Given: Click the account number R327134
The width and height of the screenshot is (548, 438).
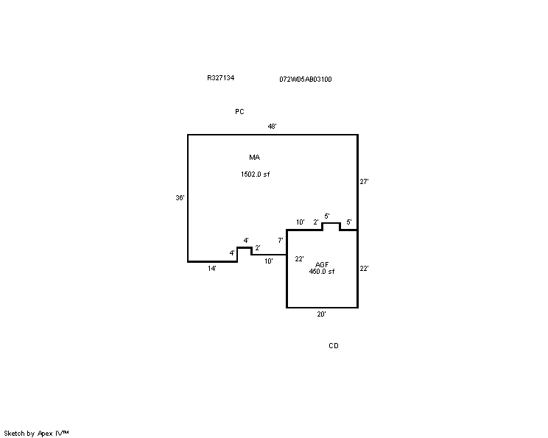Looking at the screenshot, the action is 220,78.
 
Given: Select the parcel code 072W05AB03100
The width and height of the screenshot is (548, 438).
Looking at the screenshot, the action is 306,80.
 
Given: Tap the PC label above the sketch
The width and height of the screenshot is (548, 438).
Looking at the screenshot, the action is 239,111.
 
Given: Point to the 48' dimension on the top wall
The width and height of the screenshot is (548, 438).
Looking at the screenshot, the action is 273,126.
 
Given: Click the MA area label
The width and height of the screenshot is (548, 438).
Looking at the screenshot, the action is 254,158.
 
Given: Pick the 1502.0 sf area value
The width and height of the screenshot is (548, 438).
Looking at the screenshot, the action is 255,174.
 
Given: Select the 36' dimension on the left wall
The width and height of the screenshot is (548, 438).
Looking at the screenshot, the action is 180,198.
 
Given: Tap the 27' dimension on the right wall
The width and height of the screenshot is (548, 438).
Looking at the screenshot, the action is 364,182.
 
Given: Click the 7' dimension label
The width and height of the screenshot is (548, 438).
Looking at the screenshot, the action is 281,240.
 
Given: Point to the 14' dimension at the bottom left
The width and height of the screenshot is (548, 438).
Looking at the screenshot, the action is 212,268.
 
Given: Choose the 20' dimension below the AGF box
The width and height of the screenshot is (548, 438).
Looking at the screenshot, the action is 322,314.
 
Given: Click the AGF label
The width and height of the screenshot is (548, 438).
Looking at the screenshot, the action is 322,265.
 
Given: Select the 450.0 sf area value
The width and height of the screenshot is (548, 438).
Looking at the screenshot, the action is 322,272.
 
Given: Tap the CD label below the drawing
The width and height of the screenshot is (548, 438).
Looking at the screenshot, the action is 334,345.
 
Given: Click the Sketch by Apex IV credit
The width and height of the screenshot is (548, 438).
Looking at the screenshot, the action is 36,434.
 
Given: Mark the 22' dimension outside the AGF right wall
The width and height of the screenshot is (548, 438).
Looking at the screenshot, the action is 364,268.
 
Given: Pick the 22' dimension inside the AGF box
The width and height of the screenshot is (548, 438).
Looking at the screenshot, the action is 299,259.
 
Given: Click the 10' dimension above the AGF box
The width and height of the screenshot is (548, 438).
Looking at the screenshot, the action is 301,222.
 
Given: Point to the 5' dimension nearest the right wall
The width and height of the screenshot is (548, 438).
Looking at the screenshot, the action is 349,222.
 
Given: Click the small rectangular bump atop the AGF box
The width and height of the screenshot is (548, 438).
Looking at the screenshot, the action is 331,223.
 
